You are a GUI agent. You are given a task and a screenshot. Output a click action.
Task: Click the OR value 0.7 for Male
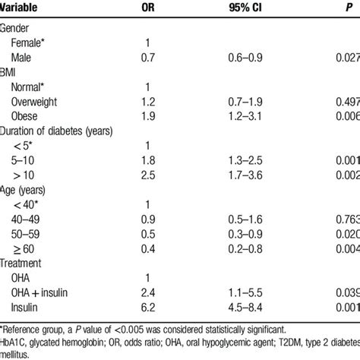click(149, 58)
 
